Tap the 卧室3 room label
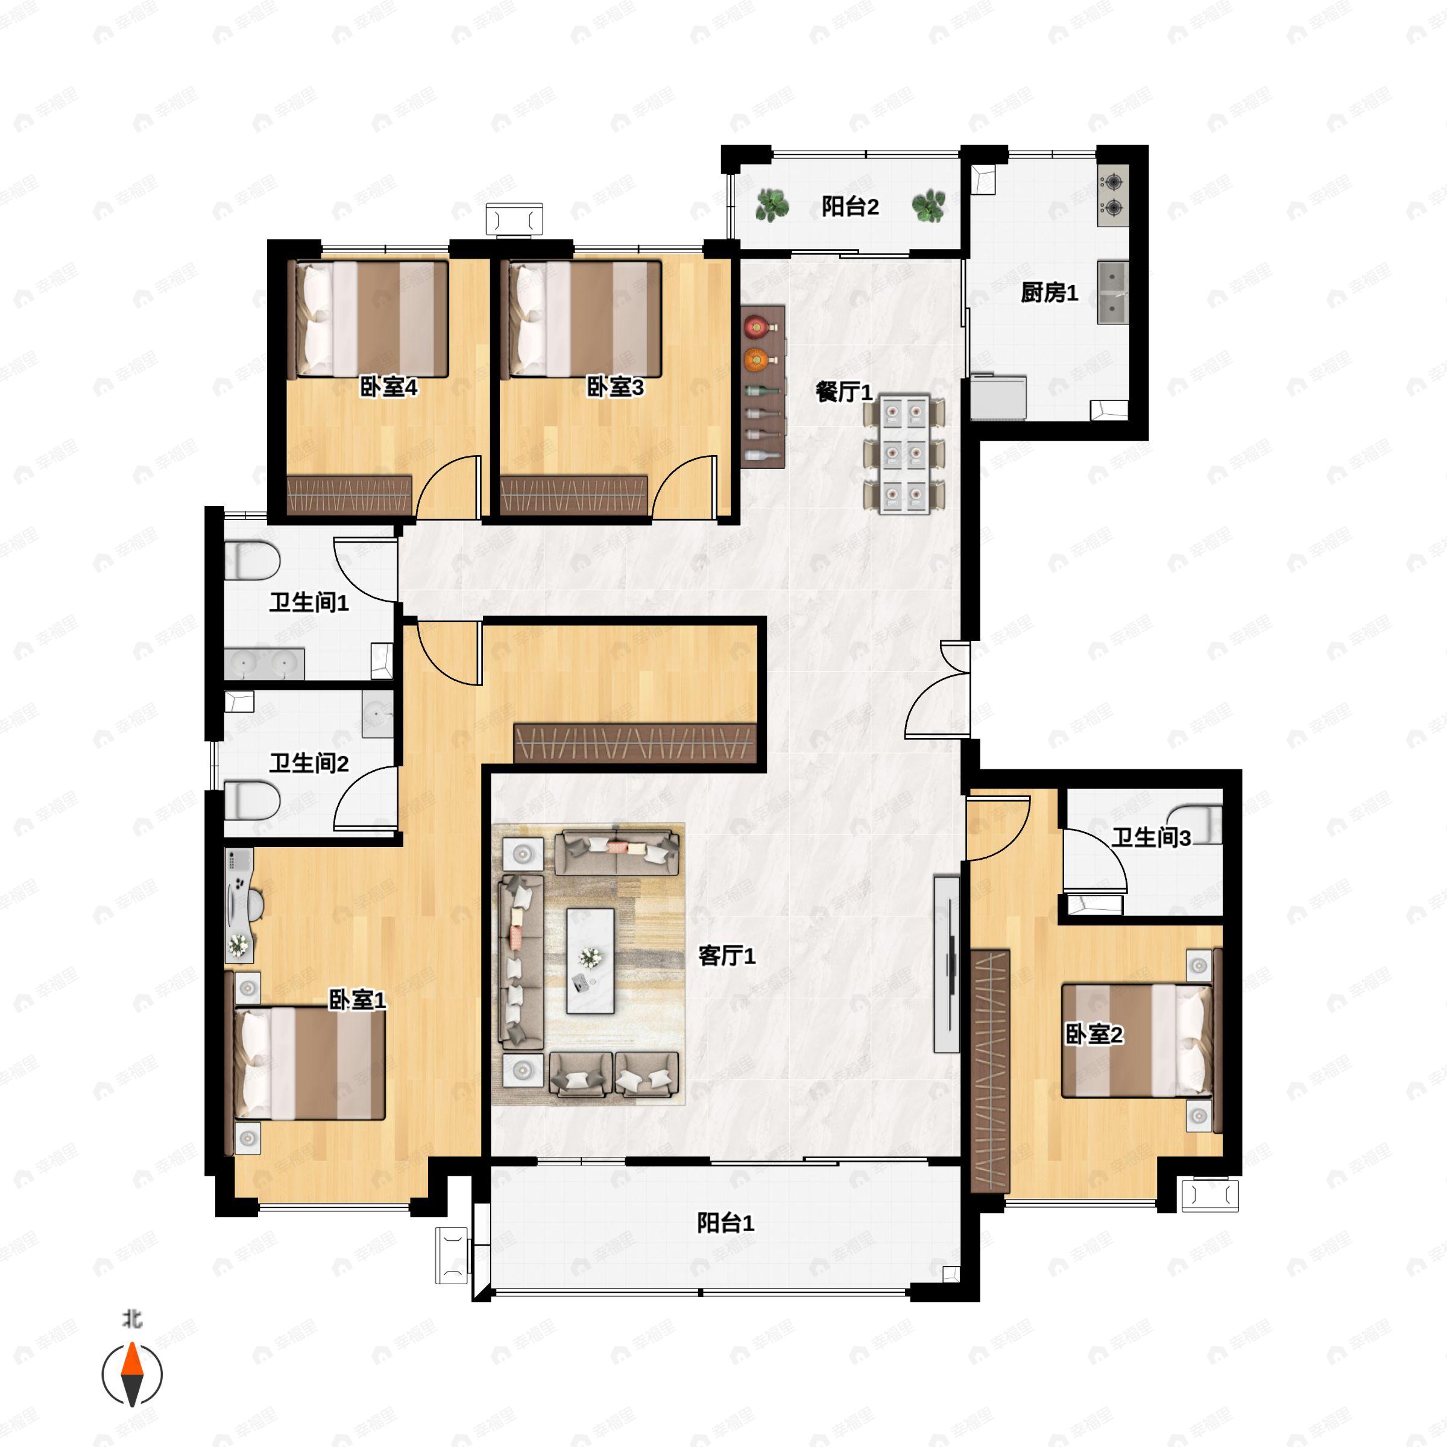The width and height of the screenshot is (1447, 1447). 615,387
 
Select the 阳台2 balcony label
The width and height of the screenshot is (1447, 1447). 850,206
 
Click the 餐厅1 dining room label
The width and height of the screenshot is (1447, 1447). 844,392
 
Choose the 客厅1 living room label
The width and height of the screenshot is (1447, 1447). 727,955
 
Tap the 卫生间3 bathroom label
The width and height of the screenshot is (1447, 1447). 1150,837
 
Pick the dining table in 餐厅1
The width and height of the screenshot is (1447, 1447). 904,455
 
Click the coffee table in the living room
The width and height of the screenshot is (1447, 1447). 590,961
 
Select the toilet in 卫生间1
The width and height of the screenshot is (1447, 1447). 253,560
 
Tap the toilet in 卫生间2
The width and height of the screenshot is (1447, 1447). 253,801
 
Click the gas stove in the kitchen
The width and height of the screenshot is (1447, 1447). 1113,195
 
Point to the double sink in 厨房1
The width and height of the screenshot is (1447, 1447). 1113,292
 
